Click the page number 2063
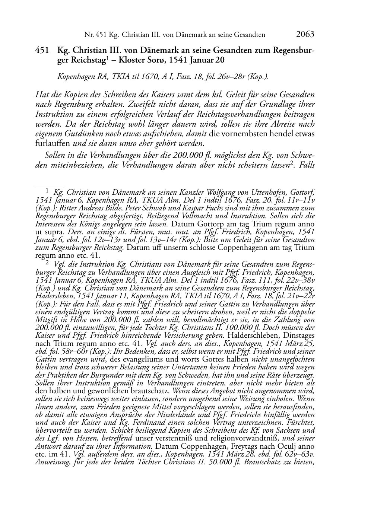(305, 35)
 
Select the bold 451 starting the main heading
(42, 50)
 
